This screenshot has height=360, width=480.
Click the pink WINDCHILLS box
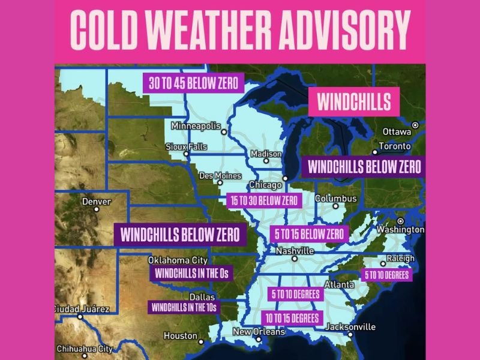(353, 101)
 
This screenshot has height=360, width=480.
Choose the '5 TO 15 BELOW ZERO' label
(309, 233)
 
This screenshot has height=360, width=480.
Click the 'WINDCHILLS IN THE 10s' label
(184, 307)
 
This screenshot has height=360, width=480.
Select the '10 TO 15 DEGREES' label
(293, 317)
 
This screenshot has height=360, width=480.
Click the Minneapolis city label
(196, 126)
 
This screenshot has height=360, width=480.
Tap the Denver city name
(96, 202)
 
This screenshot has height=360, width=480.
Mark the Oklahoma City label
(178, 260)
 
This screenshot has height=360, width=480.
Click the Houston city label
(180, 335)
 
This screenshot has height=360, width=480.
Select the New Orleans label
(259, 332)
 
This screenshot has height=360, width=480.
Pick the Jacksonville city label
(350, 327)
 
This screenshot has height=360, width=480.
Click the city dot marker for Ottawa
(415, 124)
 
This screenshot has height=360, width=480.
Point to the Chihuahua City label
(84, 349)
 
